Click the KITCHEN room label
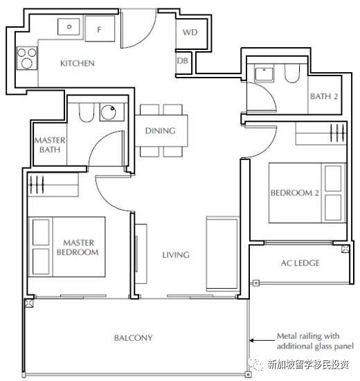[78, 64]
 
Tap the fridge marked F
[100, 28]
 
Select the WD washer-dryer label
[190, 33]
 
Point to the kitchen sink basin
[69, 26]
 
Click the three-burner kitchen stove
[27, 58]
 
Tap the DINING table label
[161, 131]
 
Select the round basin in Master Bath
[108, 112]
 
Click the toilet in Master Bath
[87, 112]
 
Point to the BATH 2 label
[324, 96]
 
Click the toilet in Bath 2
[292, 73]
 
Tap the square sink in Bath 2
[264, 73]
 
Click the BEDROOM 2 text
[295, 193]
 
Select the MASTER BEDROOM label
[78, 247]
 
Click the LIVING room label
[176, 255]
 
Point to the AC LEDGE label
[300, 263]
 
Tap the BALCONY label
[134, 338]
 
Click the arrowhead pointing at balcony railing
[252, 340]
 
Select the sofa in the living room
[222, 254]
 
